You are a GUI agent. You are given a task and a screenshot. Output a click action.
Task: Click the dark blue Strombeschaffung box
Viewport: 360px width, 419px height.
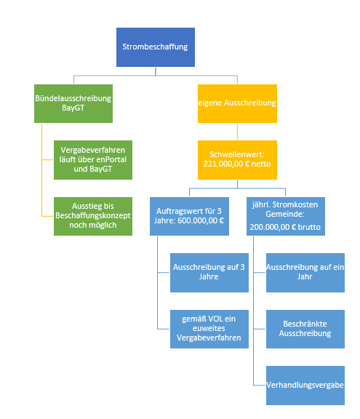coord(156,47)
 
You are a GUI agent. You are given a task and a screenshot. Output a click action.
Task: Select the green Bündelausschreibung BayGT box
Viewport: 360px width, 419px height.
coord(73,104)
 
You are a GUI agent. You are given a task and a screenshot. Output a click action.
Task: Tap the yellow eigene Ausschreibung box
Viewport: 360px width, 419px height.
coord(237,104)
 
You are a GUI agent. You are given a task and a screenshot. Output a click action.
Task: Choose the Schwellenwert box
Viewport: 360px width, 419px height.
coord(237,160)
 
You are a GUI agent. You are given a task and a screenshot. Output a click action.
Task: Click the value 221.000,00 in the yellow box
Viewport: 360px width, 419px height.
coord(223,164)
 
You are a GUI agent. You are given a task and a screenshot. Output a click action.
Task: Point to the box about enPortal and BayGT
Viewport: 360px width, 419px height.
coord(93,160)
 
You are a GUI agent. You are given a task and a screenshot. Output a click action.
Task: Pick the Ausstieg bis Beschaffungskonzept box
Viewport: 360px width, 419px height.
coord(93,216)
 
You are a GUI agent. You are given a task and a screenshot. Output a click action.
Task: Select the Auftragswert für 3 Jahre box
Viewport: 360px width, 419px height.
coord(189,216)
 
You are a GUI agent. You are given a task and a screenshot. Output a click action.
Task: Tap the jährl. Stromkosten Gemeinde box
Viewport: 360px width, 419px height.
coord(286,216)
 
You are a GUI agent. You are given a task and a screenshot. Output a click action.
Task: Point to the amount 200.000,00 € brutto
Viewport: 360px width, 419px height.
coord(285,227)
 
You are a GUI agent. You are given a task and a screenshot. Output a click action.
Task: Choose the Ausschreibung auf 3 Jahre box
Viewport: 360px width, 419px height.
coord(209,273)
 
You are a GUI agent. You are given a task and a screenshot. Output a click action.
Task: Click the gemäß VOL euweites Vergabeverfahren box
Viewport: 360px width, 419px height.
coord(209,329)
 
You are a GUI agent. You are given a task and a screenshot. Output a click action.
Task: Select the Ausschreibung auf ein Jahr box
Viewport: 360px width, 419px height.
coord(305,273)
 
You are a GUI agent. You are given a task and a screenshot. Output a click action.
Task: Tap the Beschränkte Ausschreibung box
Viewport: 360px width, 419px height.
coord(305,329)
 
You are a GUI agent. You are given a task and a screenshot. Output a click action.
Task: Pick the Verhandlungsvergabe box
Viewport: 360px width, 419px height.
coord(305,386)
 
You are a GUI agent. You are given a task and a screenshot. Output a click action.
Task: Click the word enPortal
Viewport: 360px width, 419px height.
coord(111,159)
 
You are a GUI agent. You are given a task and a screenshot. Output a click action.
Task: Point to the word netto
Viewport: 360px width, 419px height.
coord(261,164)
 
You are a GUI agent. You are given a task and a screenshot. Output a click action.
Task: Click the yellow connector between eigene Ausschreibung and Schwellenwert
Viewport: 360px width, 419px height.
coord(237,132)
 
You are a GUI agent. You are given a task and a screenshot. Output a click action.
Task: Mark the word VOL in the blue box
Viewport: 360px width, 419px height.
coord(217,319)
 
